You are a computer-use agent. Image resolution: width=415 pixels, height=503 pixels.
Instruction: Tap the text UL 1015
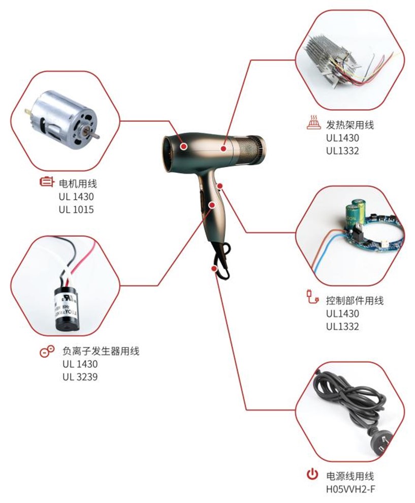pyautogui.click(x=76, y=209)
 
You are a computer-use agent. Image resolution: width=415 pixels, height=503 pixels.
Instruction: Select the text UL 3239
pyautogui.click(x=80, y=377)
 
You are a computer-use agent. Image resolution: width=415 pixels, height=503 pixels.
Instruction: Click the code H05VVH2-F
pyautogui.click(x=350, y=491)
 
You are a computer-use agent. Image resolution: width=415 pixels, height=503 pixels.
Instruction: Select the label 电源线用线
pyautogui.click(x=350, y=477)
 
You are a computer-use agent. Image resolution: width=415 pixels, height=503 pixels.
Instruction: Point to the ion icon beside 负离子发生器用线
pyautogui.click(x=47, y=351)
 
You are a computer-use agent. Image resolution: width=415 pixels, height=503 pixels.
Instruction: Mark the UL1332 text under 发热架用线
pyautogui.click(x=342, y=150)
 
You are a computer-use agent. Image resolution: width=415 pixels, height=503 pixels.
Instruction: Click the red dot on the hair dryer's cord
pyautogui.click(x=215, y=267)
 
